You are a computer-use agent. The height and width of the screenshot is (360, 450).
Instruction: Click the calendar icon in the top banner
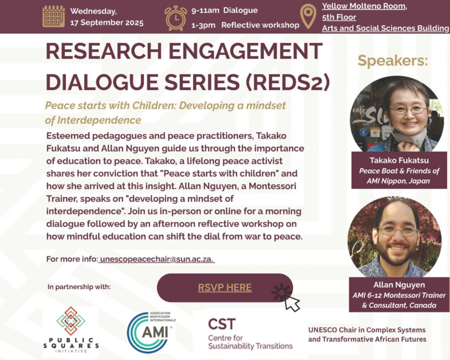53,16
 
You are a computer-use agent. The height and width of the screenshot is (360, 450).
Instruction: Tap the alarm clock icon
175,18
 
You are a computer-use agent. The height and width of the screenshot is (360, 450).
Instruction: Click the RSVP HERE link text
225,287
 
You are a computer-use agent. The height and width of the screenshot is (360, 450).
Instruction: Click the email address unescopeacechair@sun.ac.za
157,259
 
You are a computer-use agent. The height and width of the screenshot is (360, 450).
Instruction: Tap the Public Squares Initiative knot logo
71,321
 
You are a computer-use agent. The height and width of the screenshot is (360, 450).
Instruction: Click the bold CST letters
222,324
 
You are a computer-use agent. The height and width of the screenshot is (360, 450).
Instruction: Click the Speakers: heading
392,61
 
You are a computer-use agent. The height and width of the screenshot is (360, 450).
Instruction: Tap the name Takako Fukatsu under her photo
399,160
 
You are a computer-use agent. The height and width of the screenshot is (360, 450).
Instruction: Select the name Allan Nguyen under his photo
399,285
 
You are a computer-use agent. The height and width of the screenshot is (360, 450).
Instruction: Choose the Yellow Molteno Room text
364,6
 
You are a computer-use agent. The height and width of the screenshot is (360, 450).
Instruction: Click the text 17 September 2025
107,23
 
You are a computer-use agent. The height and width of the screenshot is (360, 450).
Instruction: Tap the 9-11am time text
205,11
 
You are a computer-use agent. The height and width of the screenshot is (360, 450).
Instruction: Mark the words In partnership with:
79,287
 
